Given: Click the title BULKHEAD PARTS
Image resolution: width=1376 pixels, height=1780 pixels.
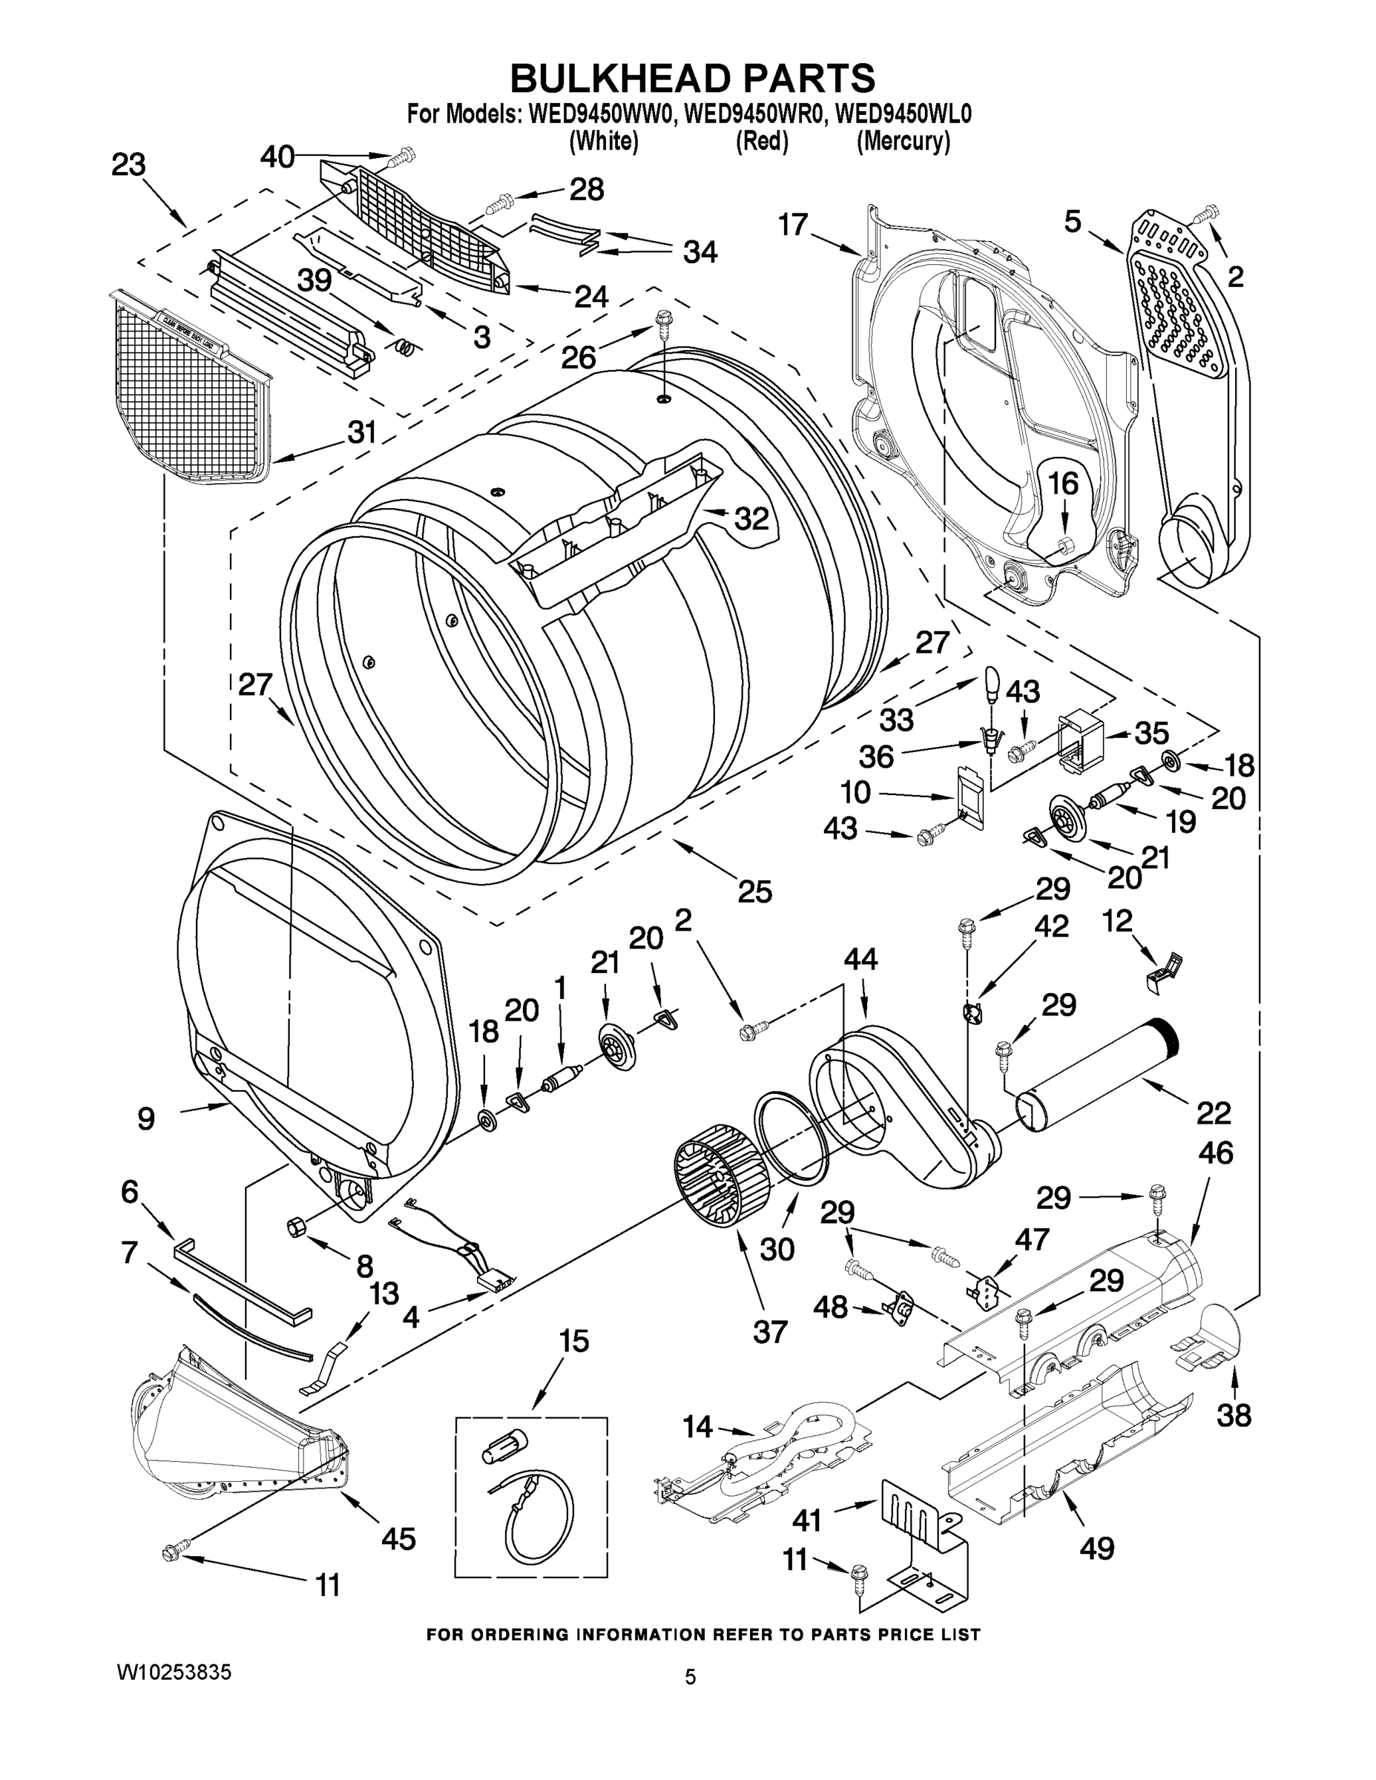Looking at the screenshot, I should tap(692, 79).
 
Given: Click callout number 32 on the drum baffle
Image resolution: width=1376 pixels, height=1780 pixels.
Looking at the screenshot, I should tap(751, 518).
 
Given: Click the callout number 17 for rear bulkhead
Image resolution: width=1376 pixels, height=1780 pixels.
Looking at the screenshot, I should tap(792, 223).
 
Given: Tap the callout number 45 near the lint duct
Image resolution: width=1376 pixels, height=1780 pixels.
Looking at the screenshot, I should tap(398, 1538).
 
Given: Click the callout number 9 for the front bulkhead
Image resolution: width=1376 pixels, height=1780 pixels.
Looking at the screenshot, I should tap(146, 1118).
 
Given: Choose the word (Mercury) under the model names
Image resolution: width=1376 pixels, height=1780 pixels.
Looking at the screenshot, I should tap(903, 141).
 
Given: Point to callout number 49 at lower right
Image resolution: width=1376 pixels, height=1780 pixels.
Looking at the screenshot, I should tap(1096, 1548).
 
